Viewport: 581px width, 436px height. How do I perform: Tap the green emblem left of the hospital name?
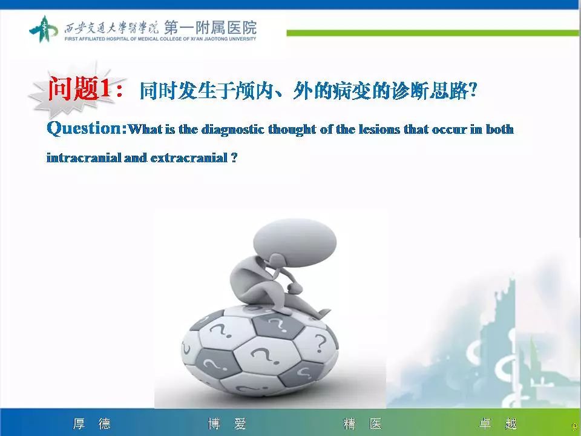tap(43, 29)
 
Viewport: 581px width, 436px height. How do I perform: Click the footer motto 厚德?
tap(91, 424)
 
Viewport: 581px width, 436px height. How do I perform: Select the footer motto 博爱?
tap(227, 424)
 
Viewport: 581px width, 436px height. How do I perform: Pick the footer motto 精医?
tap(363, 424)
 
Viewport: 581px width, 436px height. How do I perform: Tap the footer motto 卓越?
tap(498, 424)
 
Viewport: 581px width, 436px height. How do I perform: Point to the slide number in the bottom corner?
tap(574, 427)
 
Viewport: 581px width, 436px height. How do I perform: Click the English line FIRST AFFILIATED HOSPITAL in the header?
tap(160, 39)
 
